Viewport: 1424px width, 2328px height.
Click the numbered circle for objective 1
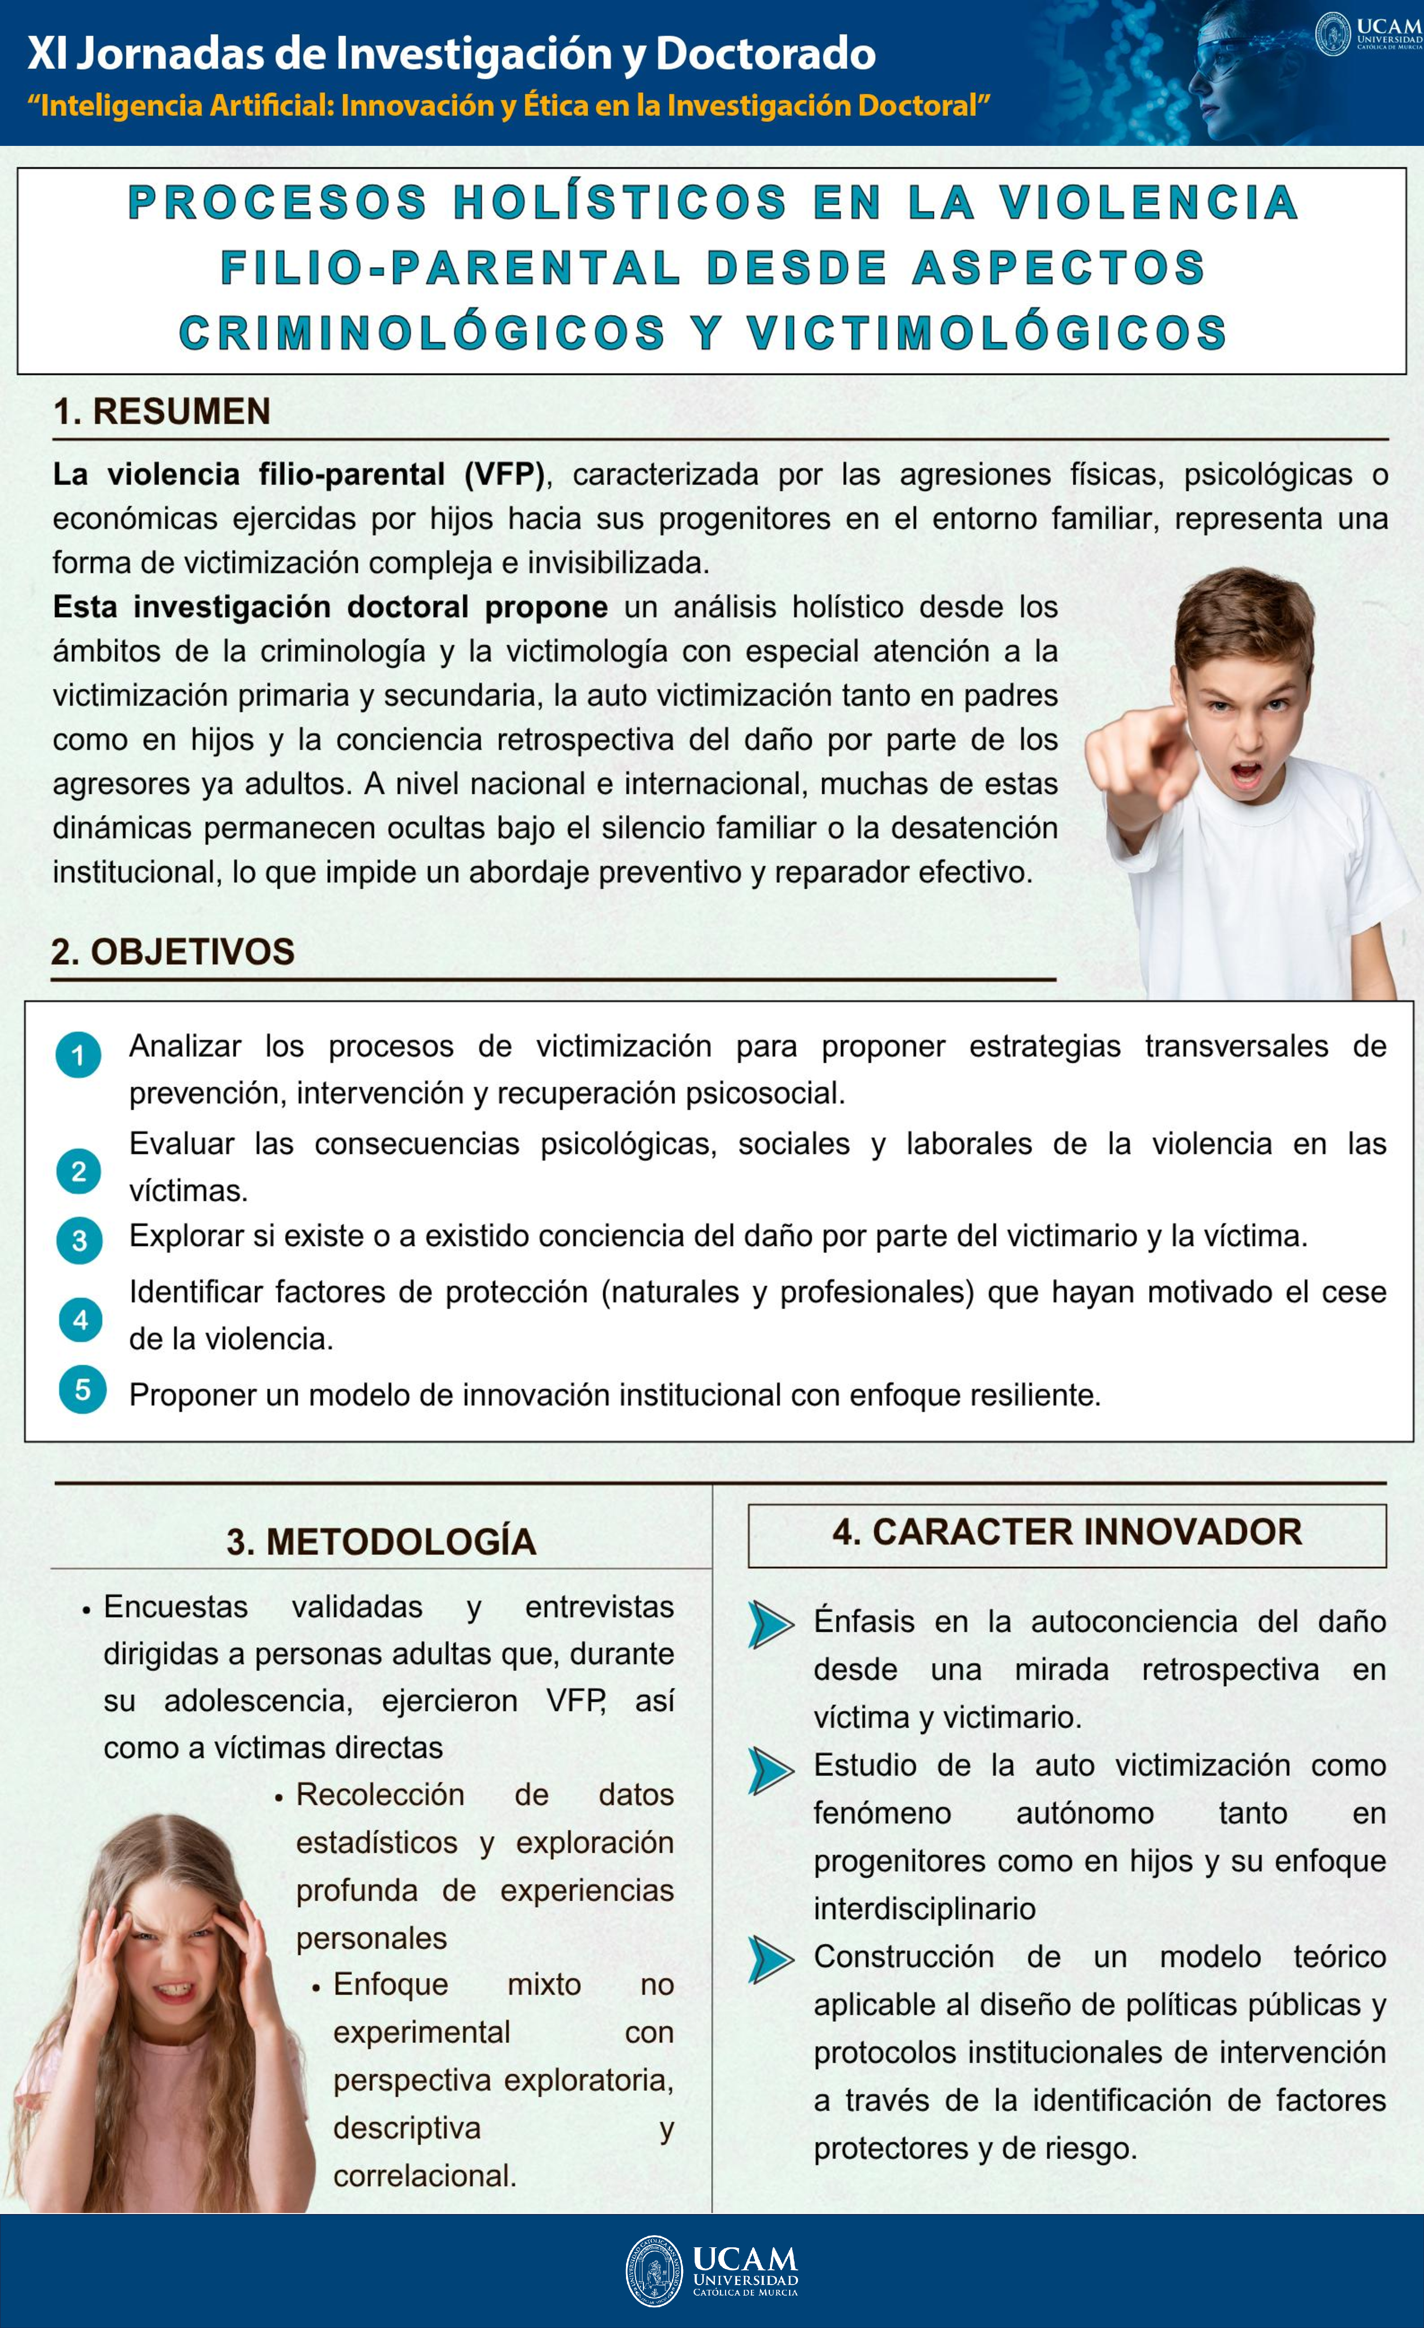click(x=78, y=1056)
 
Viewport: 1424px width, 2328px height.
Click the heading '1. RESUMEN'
click(x=162, y=412)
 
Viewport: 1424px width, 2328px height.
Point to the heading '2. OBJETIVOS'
click(x=173, y=951)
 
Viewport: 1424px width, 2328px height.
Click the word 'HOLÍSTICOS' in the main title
click(x=620, y=203)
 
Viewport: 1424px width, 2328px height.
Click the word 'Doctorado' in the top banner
click(x=766, y=54)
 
